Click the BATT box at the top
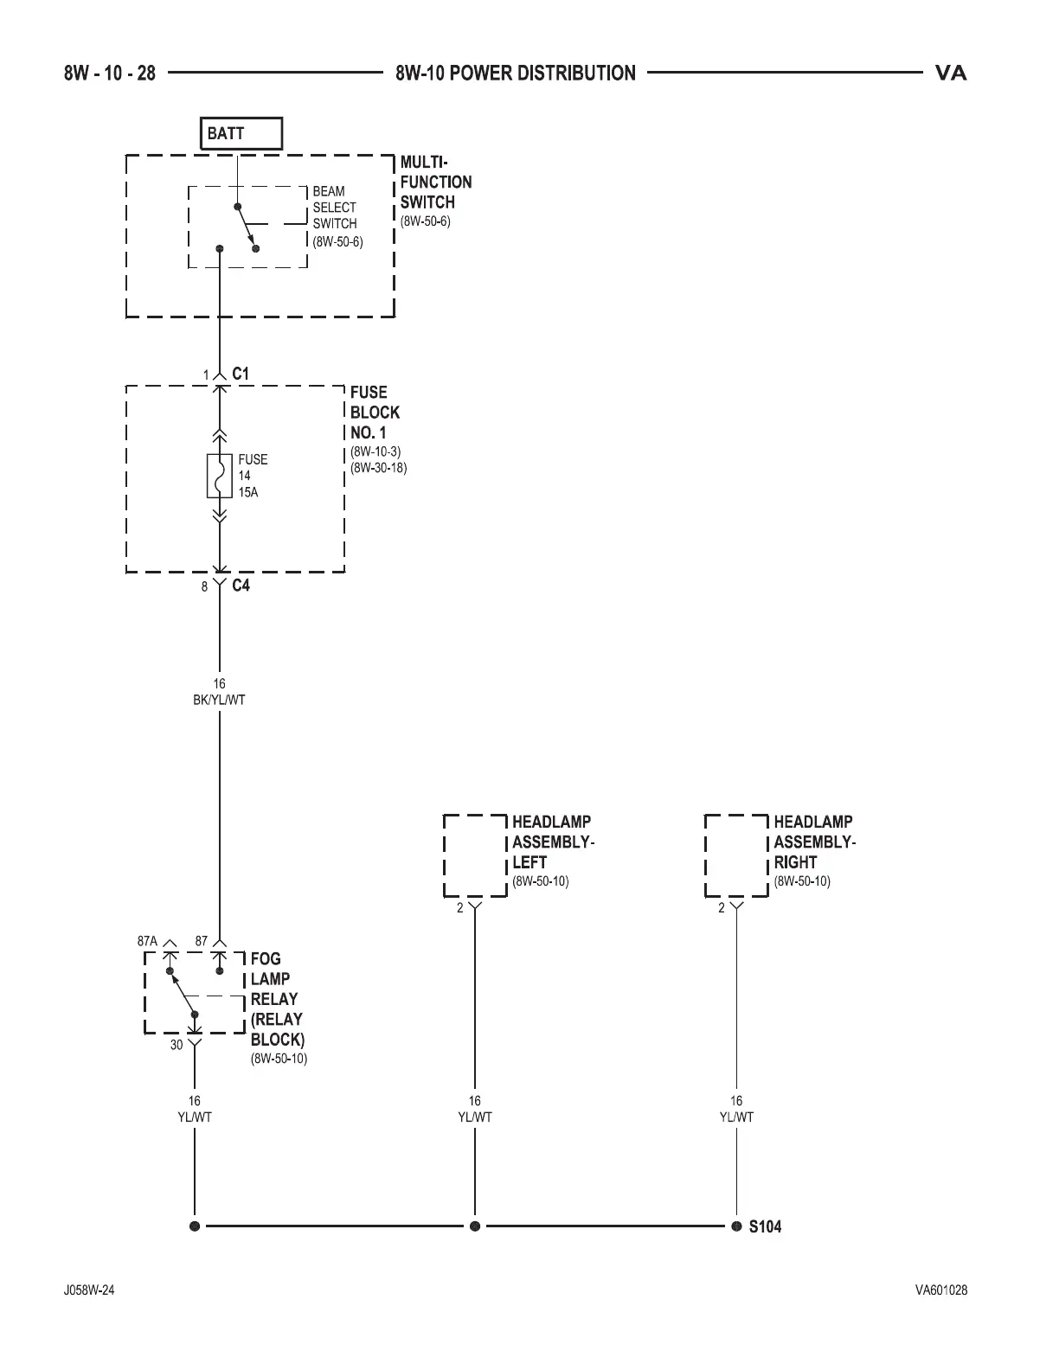coord(241,134)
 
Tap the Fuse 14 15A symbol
coord(220,475)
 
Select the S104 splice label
coord(765,1226)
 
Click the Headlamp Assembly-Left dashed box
coord(475,855)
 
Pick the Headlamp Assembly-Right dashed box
coord(736,855)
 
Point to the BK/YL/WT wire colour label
coord(219,700)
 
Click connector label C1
coord(241,374)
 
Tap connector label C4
coord(241,586)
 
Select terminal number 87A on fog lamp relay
coord(147,941)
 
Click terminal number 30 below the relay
coord(176,1045)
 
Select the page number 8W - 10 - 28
coord(110,74)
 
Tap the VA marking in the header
coord(950,74)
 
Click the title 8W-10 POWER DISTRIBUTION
coord(516,74)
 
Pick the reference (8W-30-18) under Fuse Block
coord(378,468)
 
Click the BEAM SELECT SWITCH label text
coord(334,208)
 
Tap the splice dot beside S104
coord(736,1226)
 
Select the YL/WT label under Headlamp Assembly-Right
coord(736,1117)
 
